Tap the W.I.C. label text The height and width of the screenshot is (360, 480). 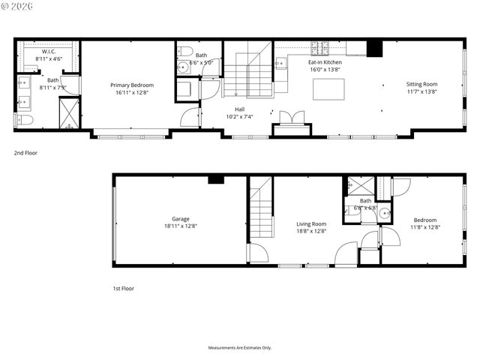pyautogui.click(x=49, y=51)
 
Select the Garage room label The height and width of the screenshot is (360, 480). pyautogui.click(x=180, y=219)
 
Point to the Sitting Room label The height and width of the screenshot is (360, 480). pyautogui.click(x=421, y=85)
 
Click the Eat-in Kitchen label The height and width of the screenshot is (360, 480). pyautogui.click(x=325, y=62)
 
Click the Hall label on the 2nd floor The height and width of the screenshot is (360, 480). pyautogui.click(x=239, y=109)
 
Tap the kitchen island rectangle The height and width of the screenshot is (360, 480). pyautogui.click(x=328, y=89)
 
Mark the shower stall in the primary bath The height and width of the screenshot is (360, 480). pyautogui.click(x=69, y=113)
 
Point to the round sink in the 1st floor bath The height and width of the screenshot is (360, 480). pyautogui.click(x=384, y=213)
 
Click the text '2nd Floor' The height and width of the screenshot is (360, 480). pyautogui.click(x=25, y=152)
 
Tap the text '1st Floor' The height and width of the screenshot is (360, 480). pyautogui.click(x=123, y=288)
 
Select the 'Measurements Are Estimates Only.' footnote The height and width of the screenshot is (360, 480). pyautogui.click(x=240, y=347)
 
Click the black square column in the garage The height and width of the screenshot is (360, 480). pyautogui.click(x=216, y=179)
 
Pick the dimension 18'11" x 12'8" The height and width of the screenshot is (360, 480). pyautogui.click(x=180, y=226)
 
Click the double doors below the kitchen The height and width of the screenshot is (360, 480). pyautogui.click(x=291, y=118)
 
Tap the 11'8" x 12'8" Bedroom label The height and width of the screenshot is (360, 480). pyautogui.click(x=424, y=223)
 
